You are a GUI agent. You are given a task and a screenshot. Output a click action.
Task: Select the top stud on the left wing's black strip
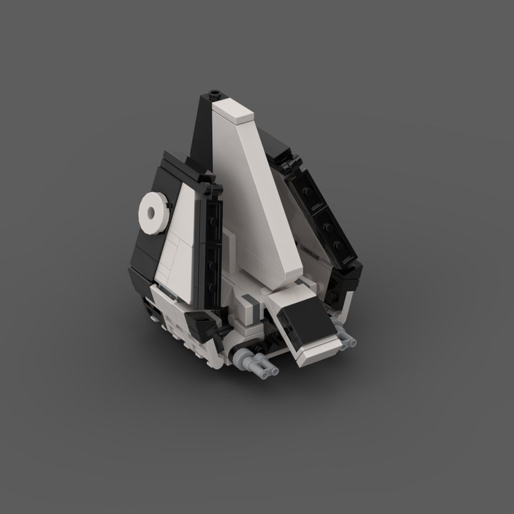point(212,220)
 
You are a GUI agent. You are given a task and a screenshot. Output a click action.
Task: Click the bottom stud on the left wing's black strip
point(213,286)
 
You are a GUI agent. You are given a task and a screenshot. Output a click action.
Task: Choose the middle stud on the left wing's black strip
point(213,263)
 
